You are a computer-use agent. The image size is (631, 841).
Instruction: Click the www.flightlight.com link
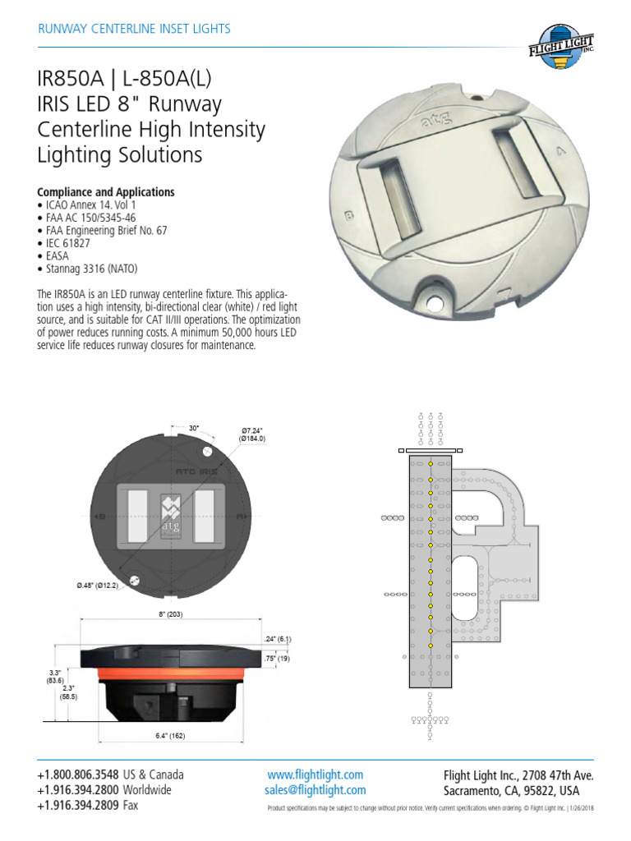coord(315,774)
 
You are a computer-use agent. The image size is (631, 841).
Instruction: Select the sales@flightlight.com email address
coord(315,790)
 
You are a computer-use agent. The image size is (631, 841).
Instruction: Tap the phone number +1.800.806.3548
coord(78,774)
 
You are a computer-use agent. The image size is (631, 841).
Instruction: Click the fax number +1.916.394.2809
coord(78,806)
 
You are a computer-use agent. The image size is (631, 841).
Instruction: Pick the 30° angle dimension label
coord(195,428)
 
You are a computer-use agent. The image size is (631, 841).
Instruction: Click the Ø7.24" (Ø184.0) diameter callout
coord(254,435)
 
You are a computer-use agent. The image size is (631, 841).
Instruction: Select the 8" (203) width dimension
coord(171,615)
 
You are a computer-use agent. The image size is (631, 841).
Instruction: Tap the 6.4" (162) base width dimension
coord(169,736)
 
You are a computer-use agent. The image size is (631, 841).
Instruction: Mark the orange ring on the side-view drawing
coord(169,673)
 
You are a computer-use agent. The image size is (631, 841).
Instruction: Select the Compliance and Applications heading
coord(106,191)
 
